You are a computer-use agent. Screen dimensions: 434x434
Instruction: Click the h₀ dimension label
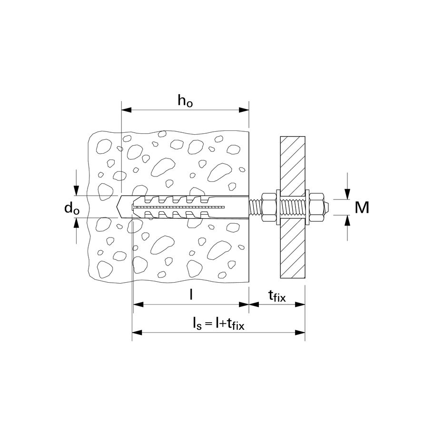(185, 101)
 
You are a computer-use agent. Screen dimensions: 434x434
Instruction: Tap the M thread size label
(362, 207)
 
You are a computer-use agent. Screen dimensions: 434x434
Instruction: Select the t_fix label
(277, 296)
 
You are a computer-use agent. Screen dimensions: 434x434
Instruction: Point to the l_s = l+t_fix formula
(218, 324)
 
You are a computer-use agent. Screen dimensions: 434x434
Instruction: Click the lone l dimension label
(191, 295)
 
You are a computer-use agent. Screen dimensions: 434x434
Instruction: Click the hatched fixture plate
(293, 207)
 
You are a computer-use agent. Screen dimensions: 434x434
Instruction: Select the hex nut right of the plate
(316, 207)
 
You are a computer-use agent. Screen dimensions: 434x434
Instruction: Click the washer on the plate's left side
(278, 207)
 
